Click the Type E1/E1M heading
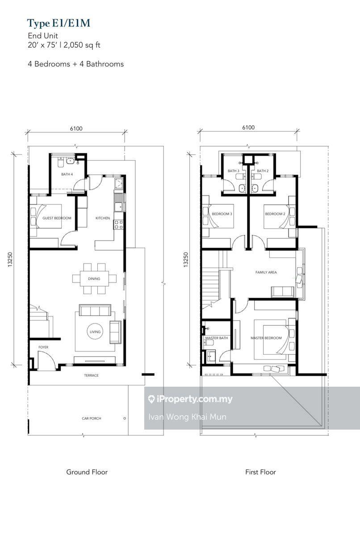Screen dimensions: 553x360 [x=59, y=23]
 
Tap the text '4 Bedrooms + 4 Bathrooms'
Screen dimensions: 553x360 [x=75, y=64]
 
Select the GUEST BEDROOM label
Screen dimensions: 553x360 [x=57, y=218]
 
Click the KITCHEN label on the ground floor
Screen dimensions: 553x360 [x=102, y=218]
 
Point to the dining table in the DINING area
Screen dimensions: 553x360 [x=94, y=279]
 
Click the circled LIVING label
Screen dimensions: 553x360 [x=95, y=332]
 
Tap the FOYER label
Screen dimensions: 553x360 [x=43, y=347]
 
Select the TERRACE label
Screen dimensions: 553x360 [x=91, y=376]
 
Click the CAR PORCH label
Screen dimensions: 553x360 [x=91, y=418]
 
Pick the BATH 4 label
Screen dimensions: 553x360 [x=67, y=174]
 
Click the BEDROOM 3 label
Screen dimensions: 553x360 [x=222, y=214]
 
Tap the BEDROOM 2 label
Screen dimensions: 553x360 [x=275, y=214]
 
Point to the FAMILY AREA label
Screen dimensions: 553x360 [x=266, y=272]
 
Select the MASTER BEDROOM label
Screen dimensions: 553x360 [x=266, y=338]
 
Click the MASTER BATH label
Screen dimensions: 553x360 [x=217, y=338]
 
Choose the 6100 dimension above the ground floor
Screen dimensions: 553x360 [x=76, y=129]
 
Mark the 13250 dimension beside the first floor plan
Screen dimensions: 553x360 [x=186, y=259]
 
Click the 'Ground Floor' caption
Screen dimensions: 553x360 [x=87, y=472]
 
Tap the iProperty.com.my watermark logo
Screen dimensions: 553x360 [x=190, y=399]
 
